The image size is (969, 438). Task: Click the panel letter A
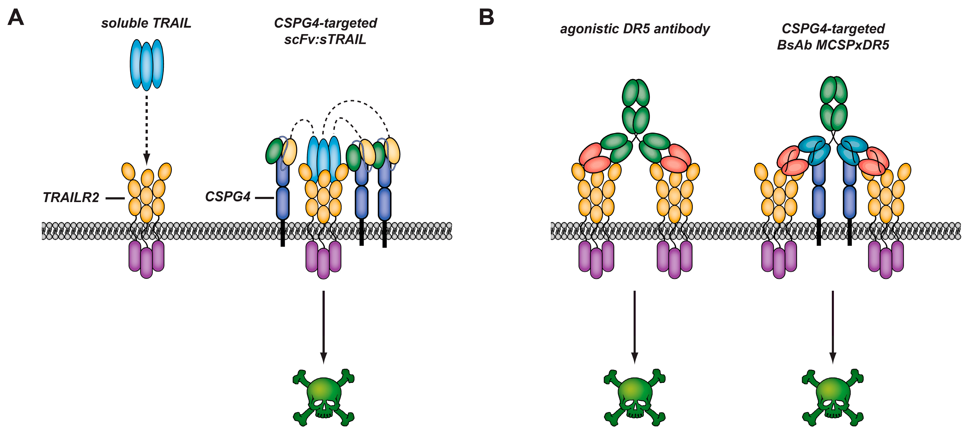point(16,18)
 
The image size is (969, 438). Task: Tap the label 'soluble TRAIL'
point(146,23)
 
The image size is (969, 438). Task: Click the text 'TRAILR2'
point(71,197)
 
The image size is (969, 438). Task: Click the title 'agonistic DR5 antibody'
point(635,29)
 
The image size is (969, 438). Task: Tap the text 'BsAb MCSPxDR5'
point(833,45)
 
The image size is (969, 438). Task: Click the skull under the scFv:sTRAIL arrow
point(324,398)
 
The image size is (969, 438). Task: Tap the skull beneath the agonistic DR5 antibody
point(635,398)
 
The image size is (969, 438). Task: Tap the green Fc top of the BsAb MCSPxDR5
point(833,103)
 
